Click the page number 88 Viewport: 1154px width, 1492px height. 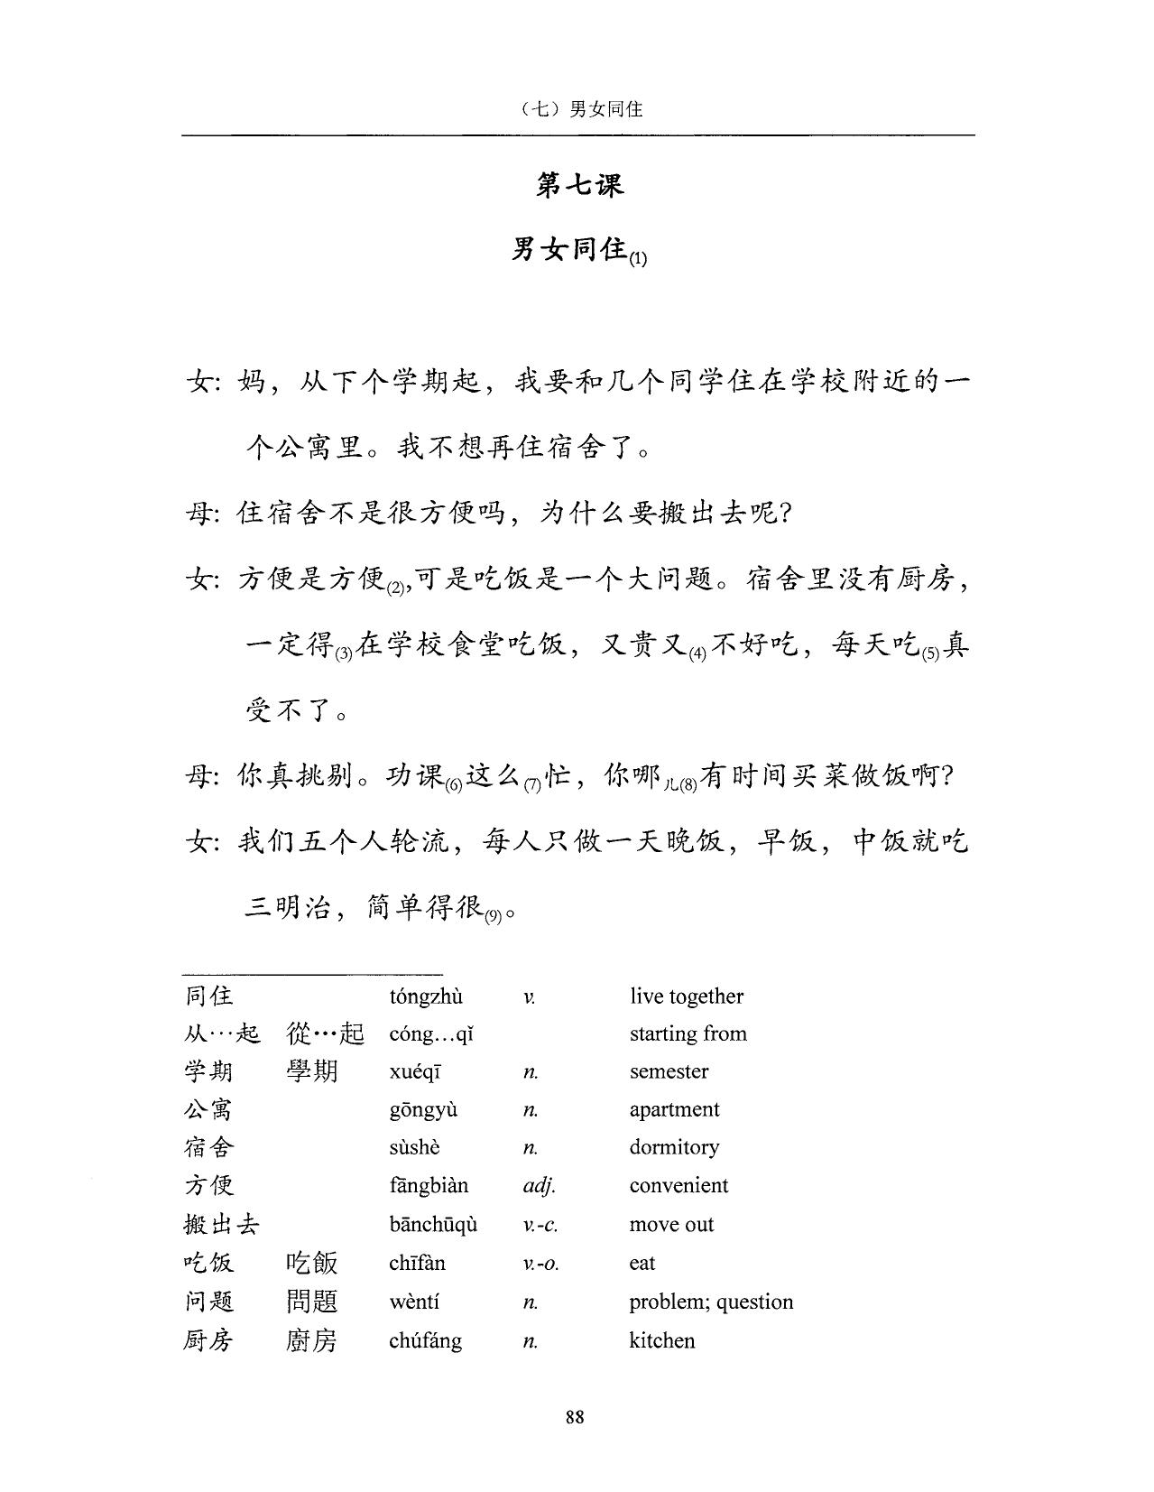[x=575, y=1416]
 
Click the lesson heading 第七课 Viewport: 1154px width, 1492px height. [x=579, y=186]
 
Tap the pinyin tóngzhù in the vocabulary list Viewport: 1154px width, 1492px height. [x=426, y=996]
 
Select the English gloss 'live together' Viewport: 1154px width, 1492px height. [x=687, y=996]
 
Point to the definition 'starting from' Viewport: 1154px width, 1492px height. [x=688, y=1033]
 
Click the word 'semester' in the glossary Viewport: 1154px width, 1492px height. [x=669, y=1071]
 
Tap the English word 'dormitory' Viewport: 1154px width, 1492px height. [x=674, y=1147]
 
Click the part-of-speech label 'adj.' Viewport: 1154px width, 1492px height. [x=539, y=1186]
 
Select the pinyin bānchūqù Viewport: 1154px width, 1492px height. [x=433, y=1224]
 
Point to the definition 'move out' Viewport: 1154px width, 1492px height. [x=671, y=1224]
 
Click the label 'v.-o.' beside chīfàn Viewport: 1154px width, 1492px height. [x=540, y=1264]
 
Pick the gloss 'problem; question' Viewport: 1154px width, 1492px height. [x=711, y=1302]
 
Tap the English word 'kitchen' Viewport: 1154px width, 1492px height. [x=662, y=1340]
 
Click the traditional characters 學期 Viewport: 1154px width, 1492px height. [x=311, y=1071]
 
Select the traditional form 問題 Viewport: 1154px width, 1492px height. [x=311, y=1302]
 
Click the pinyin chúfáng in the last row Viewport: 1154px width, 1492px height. [x=425, y=1340]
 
